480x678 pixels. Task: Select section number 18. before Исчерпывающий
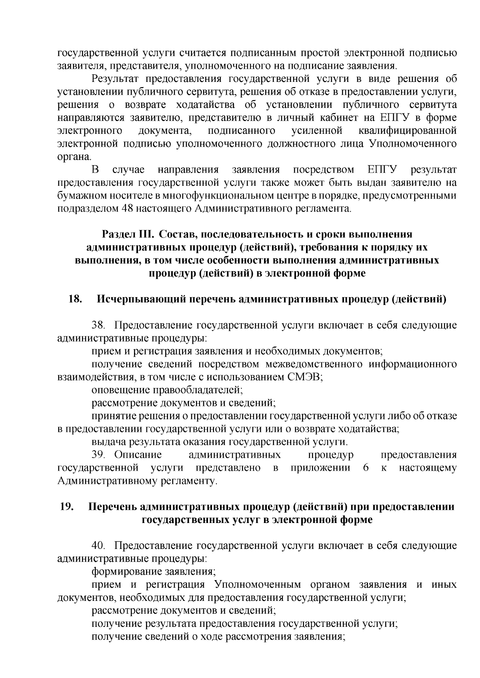[76, 299]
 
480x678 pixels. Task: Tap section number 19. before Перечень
[66, 507]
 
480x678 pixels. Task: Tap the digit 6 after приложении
[366, 468]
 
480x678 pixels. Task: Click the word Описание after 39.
[138, 455]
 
